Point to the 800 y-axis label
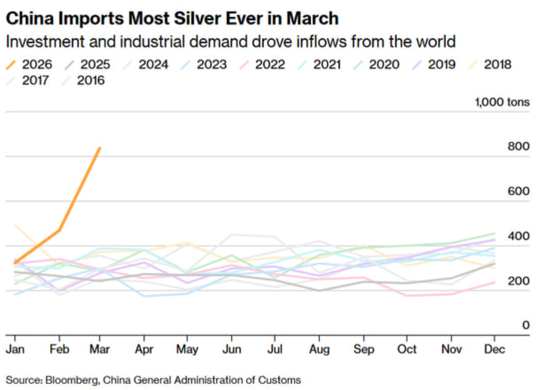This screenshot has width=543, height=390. pos(519,147)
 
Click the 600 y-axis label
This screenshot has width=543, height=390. pos(519,191)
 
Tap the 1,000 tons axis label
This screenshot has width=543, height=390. pos(502,102)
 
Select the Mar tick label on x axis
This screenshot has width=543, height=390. pos(100,350)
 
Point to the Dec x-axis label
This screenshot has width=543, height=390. pos(494,350)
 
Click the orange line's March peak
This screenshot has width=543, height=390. pos(100,148)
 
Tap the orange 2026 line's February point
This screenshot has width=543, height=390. pos(59,230)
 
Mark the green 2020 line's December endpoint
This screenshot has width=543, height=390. pos(494,233)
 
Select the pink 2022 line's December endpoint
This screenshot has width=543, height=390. pos(494,282)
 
